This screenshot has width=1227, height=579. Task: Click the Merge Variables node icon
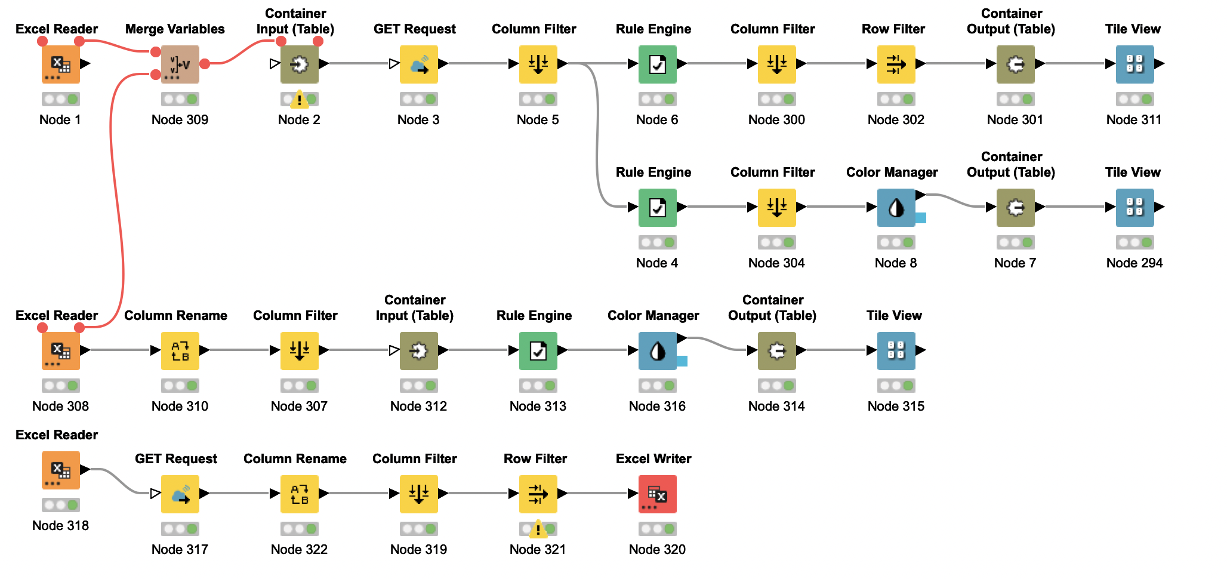(x=180, y=64)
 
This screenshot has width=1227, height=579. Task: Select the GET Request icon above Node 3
(x=418, y=64)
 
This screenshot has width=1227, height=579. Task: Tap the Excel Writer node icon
(x=657, y=494)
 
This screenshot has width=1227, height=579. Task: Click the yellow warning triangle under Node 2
(x=299, y=99)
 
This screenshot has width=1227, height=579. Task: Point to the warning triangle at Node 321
(x=538, y=529)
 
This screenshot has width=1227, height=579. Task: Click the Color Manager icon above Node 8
(x=896, y=207)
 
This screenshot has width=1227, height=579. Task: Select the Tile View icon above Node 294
(x=1134, y=207)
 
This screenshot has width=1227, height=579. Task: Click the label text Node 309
(x=180, y=119)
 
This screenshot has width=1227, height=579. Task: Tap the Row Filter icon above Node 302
(x=896, y=64)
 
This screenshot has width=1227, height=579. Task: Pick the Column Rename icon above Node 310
(x=180, y=350)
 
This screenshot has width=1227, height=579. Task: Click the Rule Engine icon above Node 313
(x=538, y=350)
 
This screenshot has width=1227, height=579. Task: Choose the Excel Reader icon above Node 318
(x=60, y=470)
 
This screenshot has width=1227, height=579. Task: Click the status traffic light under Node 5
(x=538, y=99)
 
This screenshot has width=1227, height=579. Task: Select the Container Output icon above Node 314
(x=776, y=350)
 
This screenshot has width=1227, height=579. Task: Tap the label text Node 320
(x=657, y=549)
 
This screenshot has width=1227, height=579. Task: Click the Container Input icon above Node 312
(x=418, y=350)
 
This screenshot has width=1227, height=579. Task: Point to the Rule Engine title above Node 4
(x=653, y=172)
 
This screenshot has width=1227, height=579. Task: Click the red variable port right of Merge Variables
(x=205, y=63)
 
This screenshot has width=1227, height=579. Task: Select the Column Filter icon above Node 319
(x=418, y=494)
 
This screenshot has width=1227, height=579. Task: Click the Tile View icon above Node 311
(x=1134, y=64)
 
